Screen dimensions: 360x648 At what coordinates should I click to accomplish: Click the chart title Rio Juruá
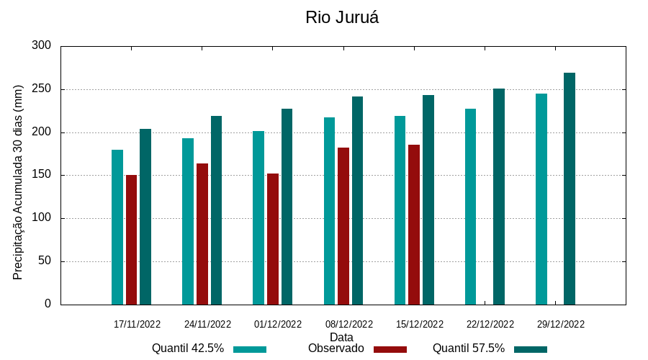[x=342, y=18]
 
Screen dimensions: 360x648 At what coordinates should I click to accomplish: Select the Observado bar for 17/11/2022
[x=131, y=240]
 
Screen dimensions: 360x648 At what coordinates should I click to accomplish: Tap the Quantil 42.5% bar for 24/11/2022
[x=188, y=221]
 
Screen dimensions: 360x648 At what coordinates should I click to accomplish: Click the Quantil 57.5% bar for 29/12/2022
[x=570, y=189]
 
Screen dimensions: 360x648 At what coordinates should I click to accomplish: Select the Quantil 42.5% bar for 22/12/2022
[x=470, y=207]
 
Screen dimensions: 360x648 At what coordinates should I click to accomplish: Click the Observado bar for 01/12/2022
[x=273, y=239]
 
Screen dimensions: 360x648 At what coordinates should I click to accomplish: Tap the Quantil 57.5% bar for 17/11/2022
[x=145, y=217]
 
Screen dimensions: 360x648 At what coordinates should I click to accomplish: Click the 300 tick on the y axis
[x=42, y=46]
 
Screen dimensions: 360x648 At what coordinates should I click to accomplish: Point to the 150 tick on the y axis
[x=42, y=175]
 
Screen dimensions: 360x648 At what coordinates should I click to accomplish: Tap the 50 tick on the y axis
[x=45, y=261]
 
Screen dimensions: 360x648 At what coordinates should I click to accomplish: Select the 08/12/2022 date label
[x=349, y=325]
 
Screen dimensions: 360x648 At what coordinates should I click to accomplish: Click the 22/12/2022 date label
[x=490, y=325]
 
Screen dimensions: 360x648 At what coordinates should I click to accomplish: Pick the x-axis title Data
[x=341, y=337]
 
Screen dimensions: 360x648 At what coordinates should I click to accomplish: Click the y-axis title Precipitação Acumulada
[x=19, y=181]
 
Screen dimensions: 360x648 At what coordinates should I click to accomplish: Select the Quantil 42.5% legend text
[x=188, y=348]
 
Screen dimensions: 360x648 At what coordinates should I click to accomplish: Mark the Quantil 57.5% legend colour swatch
[x=531, y=349]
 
